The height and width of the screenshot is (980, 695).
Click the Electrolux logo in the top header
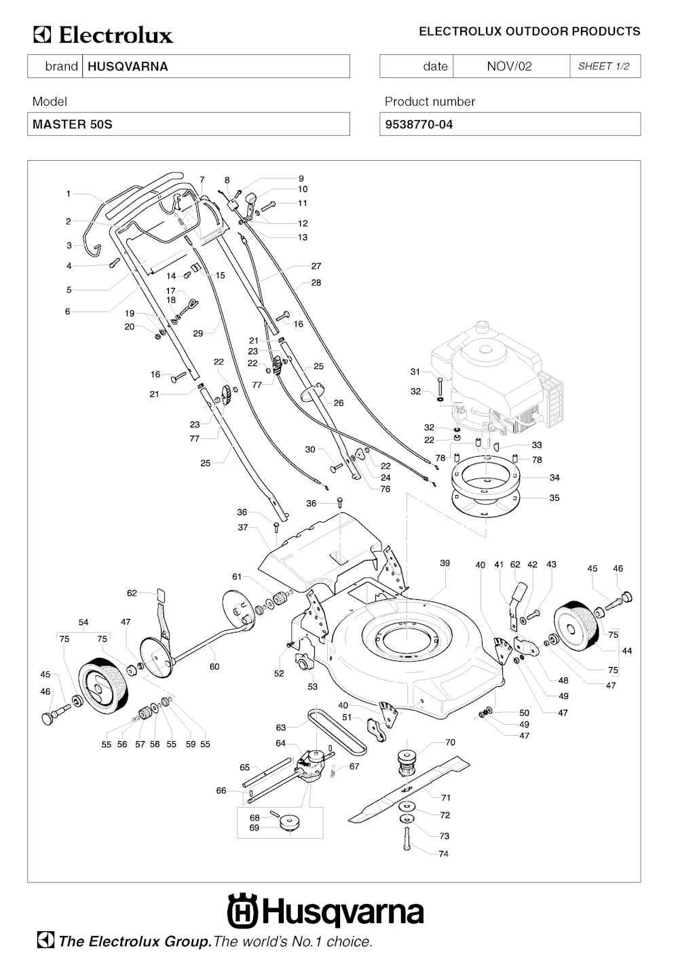coord(104,35)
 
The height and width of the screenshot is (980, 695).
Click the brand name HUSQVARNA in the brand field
coord(128,67)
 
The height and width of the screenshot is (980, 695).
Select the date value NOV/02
coord(509,67)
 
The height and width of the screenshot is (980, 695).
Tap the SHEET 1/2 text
coord(603,67)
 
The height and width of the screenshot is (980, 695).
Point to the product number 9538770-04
coord(419,125)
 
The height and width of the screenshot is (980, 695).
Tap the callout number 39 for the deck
coord(445,563)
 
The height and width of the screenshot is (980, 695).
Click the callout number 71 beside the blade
coord(446,797)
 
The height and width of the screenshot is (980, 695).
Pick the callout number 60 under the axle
coord(214,667)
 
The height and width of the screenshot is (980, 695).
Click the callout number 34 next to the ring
coord(555,478)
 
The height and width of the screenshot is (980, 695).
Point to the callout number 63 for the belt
coord(281,728)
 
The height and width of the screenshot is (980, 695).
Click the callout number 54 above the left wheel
coord(83,622)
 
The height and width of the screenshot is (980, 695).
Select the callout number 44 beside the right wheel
coord(626,651)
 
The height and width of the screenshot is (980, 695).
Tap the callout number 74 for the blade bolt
coord(443,854)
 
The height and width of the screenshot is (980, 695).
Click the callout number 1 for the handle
coord(69,194)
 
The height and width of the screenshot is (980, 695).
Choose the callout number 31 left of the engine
coord(415,372)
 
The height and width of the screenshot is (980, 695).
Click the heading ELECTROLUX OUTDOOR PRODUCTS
coord(529,32)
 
